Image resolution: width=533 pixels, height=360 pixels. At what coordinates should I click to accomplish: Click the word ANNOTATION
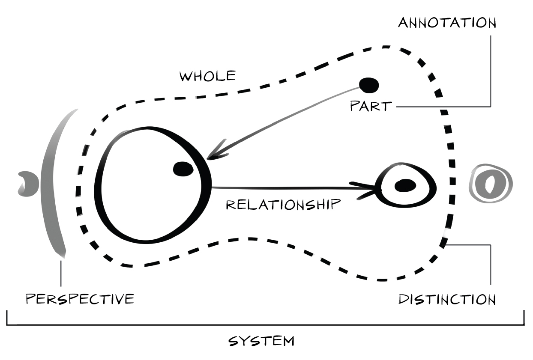(x=447, y=23)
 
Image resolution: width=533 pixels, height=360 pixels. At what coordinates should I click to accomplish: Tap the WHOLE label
(x=208, y=76)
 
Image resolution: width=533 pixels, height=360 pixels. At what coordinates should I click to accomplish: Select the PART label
(x=371, y=106)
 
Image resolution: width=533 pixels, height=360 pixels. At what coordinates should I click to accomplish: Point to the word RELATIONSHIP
(x=283, y=205)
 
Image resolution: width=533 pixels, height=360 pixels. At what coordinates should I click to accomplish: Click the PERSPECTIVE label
(x=80, y=298)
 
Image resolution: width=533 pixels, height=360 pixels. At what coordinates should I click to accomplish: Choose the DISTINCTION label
(x=447, y=299)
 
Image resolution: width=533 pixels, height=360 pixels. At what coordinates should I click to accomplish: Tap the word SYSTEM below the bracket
(x=261, y=341)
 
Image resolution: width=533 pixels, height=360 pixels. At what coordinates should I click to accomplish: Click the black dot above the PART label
(x=369, y=85)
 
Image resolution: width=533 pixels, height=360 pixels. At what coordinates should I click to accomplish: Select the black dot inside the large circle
(x=183, y=169)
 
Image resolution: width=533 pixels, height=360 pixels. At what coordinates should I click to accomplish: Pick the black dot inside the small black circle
(x=405, y=185)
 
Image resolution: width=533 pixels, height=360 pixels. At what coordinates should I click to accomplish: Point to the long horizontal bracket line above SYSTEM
(x=266, y=324)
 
